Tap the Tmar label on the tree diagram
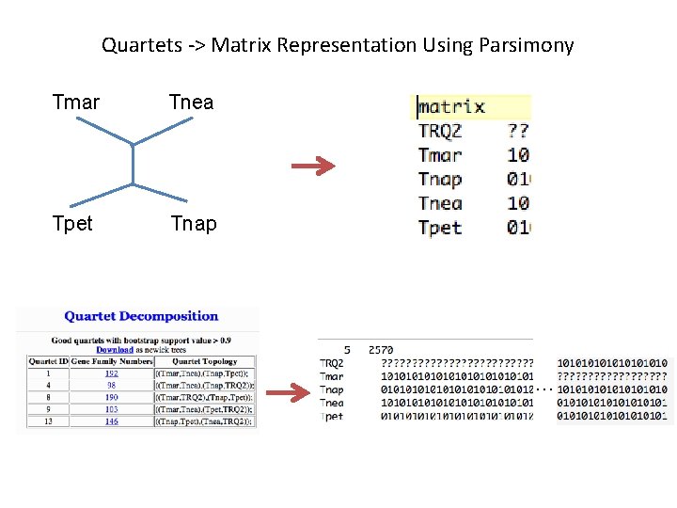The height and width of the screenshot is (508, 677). click(76, 102)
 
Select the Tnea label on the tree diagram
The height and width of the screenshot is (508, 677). click(191, 102)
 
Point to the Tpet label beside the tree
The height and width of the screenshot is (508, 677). click(73, 224)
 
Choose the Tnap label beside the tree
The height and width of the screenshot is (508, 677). click(194, 224)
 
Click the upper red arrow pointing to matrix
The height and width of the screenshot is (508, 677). click(313, 167)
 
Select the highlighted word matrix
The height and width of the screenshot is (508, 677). click(452, 106)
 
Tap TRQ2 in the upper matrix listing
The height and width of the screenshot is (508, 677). click(440, 131)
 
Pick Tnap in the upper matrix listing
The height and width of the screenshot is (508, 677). click(440, 179)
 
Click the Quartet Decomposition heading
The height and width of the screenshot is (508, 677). click(141, 316)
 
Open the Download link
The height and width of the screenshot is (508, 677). click(115, 350)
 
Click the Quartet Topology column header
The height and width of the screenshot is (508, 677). click(206, 361)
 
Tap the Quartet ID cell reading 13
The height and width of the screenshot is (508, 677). click(41, 422)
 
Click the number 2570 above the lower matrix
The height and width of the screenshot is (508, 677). click(381, 349)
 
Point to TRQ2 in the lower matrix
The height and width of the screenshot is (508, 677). click(332, 363)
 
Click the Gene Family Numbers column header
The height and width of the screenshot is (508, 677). click(110, 361)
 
